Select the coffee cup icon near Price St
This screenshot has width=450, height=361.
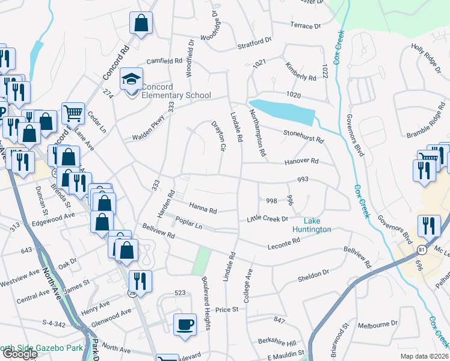tap(185, 324)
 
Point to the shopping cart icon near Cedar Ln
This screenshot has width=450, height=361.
tap(73, 112)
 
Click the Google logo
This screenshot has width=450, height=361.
tap(19, 354)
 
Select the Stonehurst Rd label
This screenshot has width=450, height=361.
tap(303, 135)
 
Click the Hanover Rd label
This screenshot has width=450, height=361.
tap(301, 161)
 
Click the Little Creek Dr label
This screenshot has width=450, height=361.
tap(268, 219)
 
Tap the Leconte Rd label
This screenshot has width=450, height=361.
tap(283, 243)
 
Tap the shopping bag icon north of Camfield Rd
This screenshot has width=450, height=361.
tap(140, 23)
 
